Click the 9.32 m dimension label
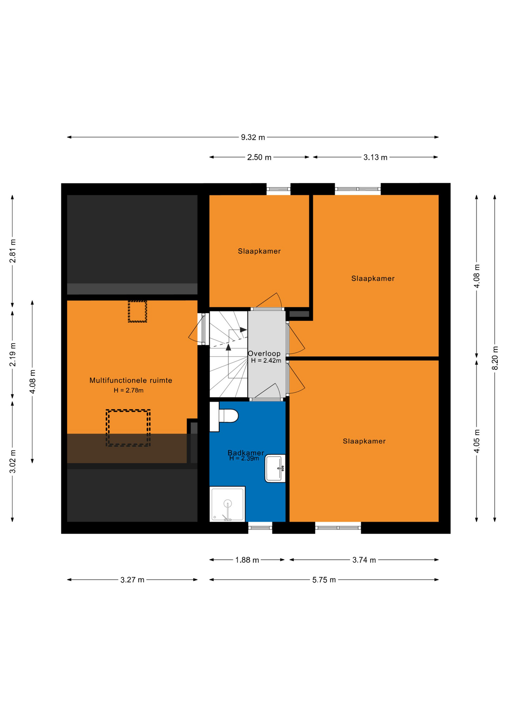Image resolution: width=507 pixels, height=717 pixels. click(253, 137)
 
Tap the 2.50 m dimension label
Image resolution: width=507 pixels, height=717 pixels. click(259, 158)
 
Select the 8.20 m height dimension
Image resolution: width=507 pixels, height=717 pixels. click(495, 358)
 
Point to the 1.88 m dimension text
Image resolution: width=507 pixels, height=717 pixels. click(247, 560)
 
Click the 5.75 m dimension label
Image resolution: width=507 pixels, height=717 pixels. click(324, 580)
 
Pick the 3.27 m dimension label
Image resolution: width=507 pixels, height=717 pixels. click(132, 580)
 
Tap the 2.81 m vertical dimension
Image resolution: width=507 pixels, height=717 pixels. click(13, 251)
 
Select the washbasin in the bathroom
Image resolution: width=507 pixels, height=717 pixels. click(276, 468)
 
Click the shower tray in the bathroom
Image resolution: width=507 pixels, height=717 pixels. click(227, 504)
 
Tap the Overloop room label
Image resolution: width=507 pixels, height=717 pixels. click(264, 354)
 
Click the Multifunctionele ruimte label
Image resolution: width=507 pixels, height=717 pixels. click(131, 381)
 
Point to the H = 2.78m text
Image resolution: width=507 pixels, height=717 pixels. click(128, 391)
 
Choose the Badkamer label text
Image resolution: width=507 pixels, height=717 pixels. click(246, 453)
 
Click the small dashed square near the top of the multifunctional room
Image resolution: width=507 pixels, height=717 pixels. click(137, 311)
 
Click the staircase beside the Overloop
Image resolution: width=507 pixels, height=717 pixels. click(228, 354)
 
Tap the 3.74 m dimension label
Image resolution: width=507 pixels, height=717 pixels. click(364, 560)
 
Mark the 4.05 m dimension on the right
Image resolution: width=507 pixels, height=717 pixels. click(477, 441)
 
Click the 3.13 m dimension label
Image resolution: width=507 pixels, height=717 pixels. click(375, 158)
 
